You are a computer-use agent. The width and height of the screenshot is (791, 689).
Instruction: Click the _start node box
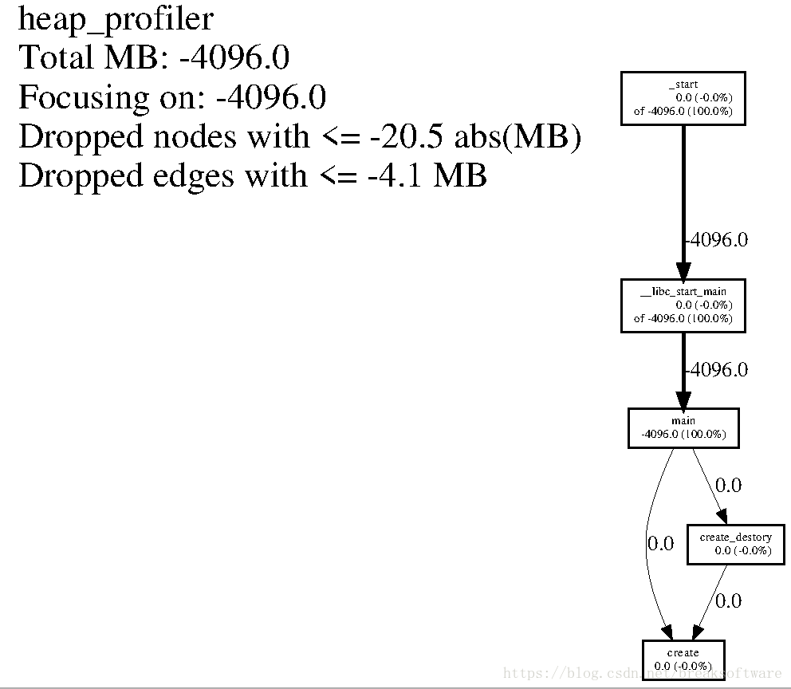click(x=683, y=98)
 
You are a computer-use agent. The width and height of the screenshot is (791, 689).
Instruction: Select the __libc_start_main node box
click(x=683, y=305)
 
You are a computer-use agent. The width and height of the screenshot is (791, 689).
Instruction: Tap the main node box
click(x=683, y=428)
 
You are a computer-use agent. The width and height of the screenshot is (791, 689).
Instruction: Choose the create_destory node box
click(x=736, y=544)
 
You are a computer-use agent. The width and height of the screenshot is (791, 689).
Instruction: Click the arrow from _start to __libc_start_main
click(x=683, y=203)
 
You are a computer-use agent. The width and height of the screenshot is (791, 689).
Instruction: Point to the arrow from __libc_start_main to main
click(x=683, y=371)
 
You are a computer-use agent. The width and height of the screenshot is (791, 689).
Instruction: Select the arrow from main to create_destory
click(x=710, y=486)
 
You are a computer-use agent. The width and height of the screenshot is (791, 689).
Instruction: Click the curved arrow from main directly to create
click(x=647, y=545)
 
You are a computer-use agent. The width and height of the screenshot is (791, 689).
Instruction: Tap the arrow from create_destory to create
click(x=710, y=602)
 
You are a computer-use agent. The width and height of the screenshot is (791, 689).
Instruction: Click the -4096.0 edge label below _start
click(x=717, y=239)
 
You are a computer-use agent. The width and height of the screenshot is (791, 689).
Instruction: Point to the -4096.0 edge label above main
click(x=717, y=370)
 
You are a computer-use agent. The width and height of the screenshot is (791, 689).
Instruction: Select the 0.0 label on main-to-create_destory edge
click(x=729, y=485)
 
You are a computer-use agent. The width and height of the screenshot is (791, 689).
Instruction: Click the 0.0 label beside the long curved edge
click(x=661, y=543)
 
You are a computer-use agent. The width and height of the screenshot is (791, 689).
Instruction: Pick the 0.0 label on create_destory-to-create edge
click(x=729, y=600)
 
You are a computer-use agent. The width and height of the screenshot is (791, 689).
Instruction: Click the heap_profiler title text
click(x=116, y=20)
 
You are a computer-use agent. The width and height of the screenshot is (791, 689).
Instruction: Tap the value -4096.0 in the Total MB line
click(x=234, y=57)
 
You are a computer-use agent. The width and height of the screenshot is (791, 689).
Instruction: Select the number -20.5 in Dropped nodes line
click(x=407, y=136)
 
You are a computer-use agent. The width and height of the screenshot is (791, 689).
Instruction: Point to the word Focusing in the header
click(x=85, y=98)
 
